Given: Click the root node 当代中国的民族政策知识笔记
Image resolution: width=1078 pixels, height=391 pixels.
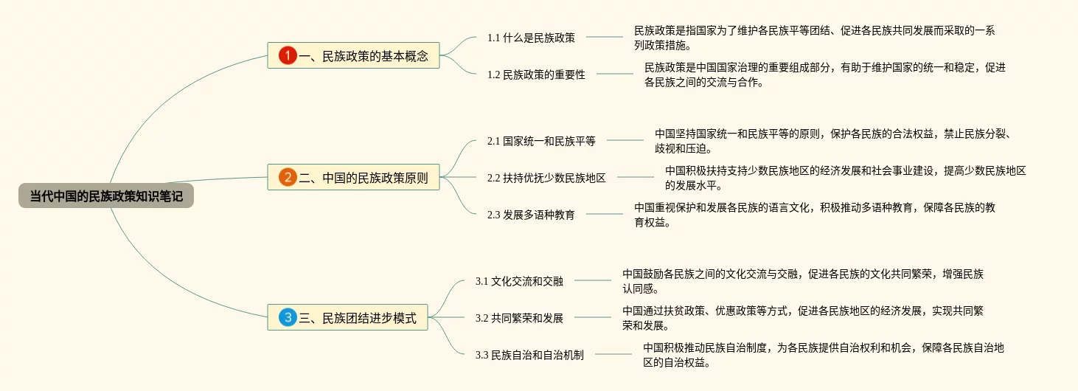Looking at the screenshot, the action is (106, 195).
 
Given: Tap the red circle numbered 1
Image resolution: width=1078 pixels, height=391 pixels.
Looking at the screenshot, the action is (288, 55).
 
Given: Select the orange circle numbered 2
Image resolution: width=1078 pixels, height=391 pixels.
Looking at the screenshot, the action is (288, 177).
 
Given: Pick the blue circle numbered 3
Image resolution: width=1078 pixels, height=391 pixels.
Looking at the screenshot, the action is (288, 318).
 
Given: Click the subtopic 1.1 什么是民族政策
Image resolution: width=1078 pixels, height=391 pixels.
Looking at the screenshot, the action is (531, 37).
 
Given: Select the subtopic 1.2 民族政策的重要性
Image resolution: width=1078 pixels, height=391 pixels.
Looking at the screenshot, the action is (536, 74).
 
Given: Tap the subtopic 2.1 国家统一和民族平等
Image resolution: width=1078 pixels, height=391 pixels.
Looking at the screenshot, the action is (541, 140).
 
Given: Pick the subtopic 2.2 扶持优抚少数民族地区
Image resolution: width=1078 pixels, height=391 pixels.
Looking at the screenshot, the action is (546, 177).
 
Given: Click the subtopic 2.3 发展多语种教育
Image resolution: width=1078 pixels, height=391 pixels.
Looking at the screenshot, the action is (531, 215).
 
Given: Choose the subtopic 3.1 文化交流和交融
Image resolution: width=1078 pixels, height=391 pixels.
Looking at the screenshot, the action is (519, 281).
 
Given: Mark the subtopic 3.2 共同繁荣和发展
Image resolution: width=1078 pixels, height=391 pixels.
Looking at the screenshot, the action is (519, 318).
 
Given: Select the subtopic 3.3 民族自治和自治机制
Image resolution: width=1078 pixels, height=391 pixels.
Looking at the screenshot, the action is (529, 355).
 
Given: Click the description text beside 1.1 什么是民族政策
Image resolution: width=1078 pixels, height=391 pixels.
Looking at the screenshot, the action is (814, 37).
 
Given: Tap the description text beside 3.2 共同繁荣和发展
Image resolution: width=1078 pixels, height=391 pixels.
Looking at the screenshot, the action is (802, 318).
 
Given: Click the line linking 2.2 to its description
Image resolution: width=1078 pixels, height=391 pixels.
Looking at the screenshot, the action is (636, 177).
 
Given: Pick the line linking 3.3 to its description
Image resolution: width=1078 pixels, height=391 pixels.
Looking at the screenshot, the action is (613, 354).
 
